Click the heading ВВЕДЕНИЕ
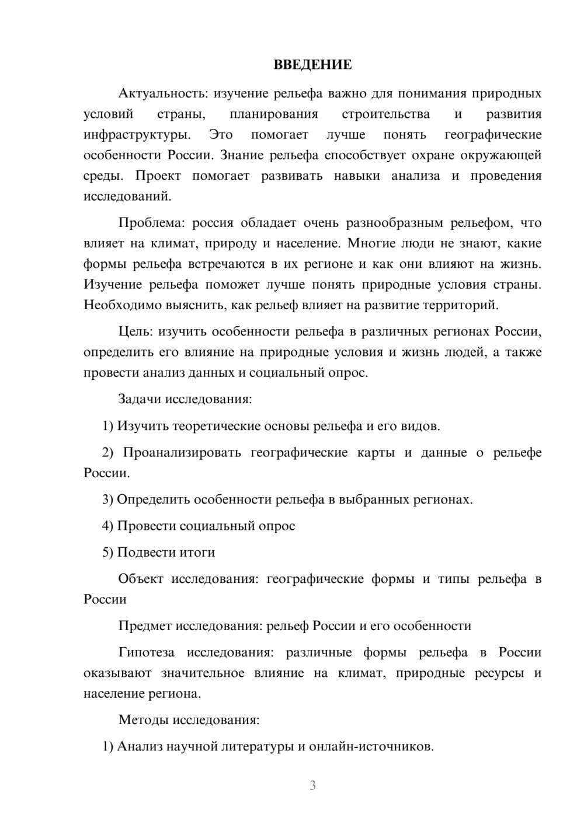(312, 65)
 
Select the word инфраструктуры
(137, 135)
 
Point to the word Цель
(135, 331)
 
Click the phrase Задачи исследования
(185, 399)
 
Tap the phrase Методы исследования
(189, 720)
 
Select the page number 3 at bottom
(312, 785)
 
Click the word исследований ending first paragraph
(127, 197)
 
